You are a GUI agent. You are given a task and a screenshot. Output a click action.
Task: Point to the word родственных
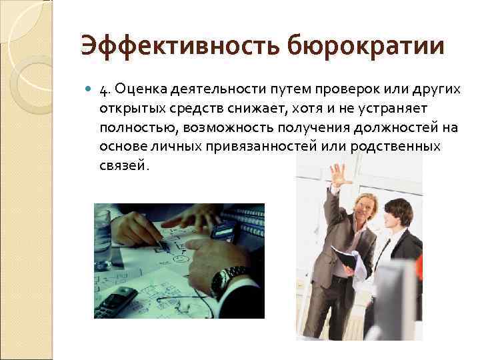(x=394, y=145)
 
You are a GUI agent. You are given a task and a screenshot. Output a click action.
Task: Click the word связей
(x=123, y=164)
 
